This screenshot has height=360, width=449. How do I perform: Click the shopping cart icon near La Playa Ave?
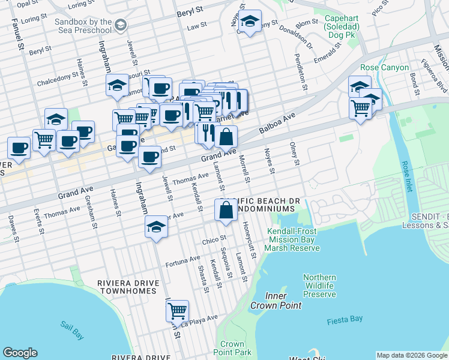click(177, 311)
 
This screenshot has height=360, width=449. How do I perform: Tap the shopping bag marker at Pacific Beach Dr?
click(226, 210)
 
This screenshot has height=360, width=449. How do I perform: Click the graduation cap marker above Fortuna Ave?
click(156, 227)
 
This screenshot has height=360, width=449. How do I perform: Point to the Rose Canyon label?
click(384, 68)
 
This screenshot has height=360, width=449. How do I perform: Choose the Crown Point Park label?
click(232, 348)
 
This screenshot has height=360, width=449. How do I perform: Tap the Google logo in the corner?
click(20, 353)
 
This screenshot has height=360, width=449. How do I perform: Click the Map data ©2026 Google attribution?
click(412, 355)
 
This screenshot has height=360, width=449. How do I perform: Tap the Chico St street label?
click(214, 240)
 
